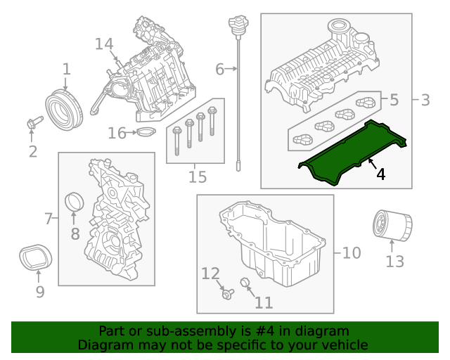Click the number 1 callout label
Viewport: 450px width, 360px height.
tap(66, 69)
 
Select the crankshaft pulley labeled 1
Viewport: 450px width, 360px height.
tap(65, 108)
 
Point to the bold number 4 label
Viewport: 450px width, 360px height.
tap(380, 173)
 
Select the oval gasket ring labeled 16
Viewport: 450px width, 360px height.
tap(145, 133)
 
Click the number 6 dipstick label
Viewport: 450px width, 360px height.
tap(219, 69)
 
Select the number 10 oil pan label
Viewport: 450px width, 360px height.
tap(351, 252)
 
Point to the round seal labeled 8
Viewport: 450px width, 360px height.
tap(74, 202)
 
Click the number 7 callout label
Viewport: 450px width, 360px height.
tap(48, 219)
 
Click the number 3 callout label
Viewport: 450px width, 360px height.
tap(425, 100)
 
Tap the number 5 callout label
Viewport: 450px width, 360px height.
tap(394, 100)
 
